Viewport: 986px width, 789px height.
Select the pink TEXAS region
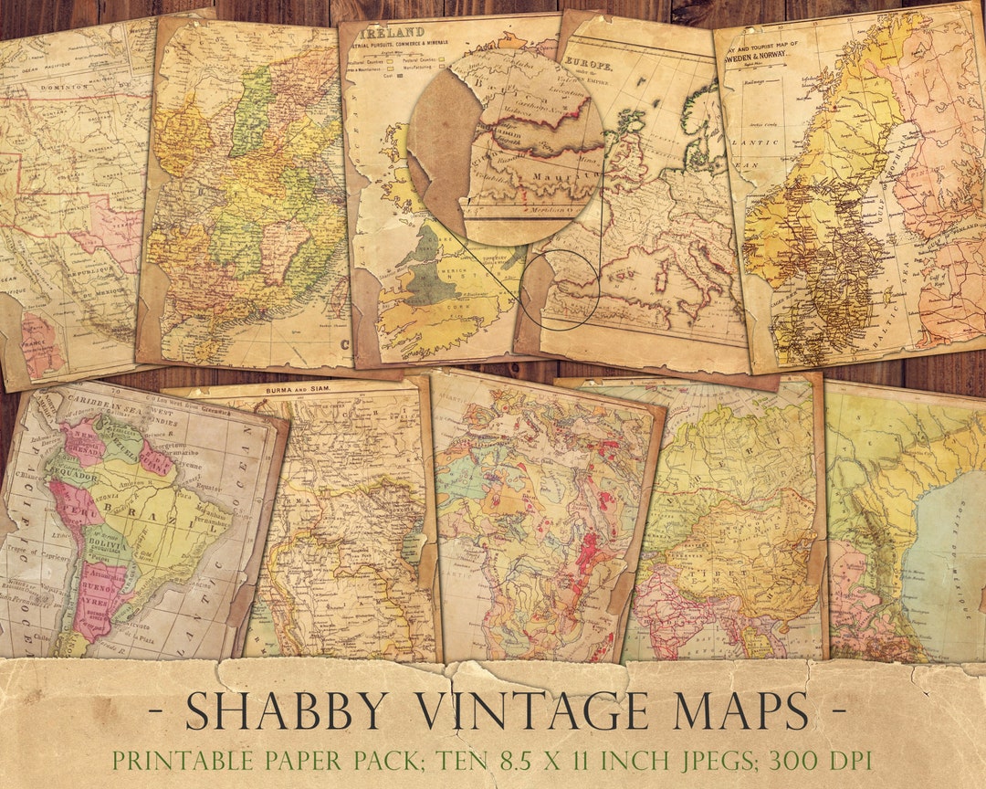114,233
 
